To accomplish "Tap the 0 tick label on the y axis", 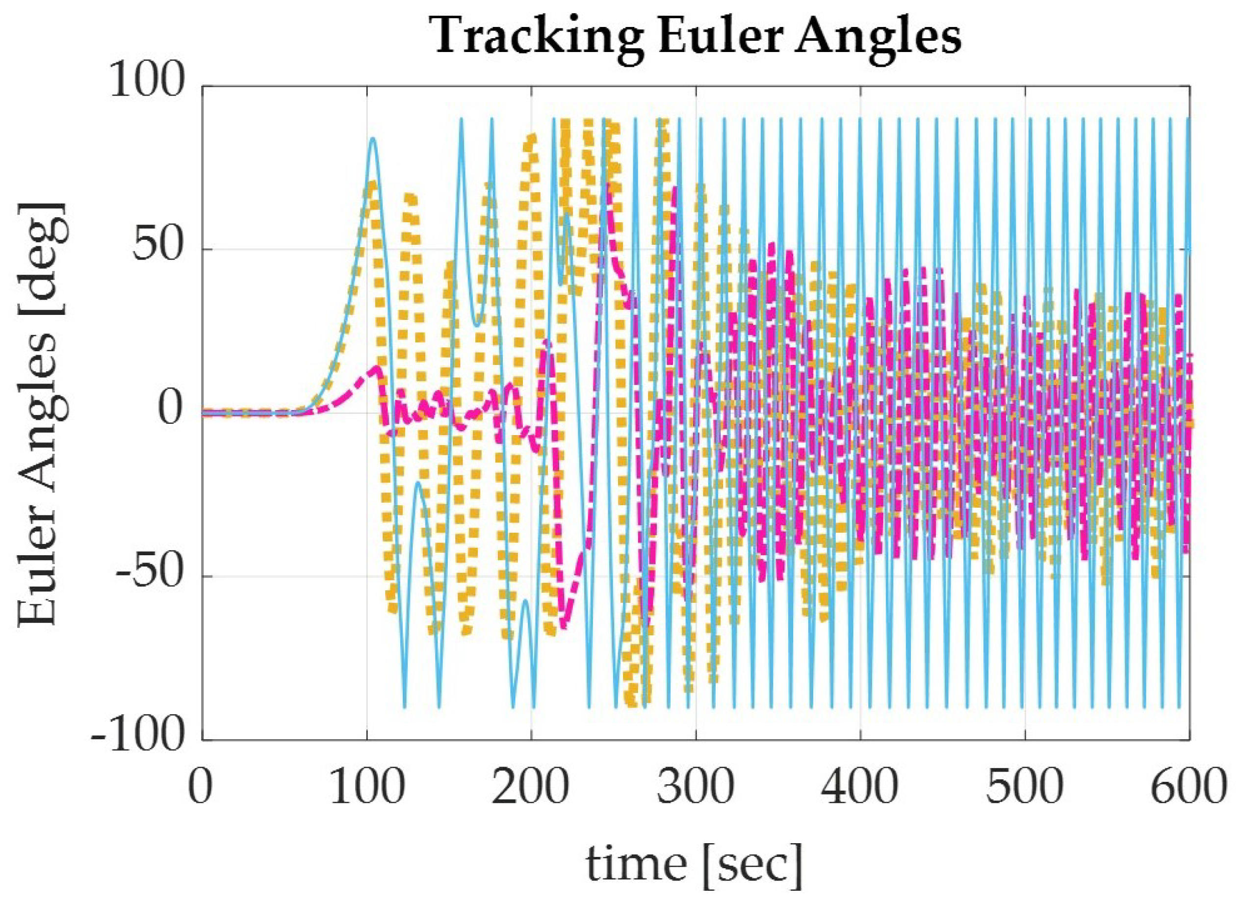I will pyautogui.click(x=170, y=413).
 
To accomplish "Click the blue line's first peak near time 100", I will pyautogui.click(x=373, y=138).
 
